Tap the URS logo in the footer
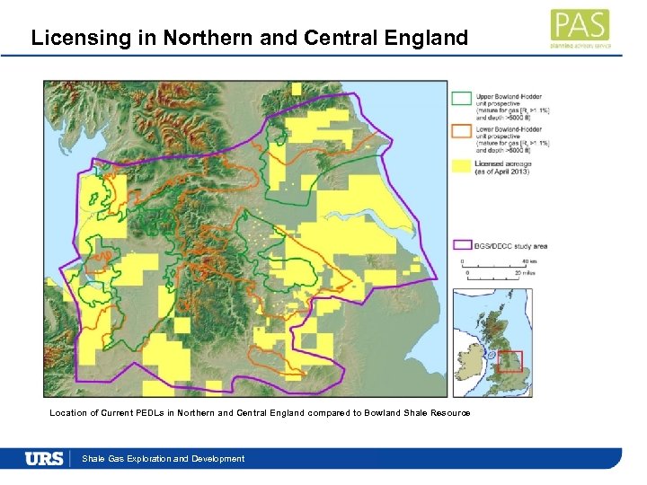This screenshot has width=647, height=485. [44, 458]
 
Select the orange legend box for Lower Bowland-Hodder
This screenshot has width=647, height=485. [462, 131]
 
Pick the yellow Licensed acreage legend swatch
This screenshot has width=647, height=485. [462, 165]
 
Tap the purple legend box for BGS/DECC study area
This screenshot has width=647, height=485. [462, 245]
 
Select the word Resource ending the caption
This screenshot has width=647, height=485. [450, 412]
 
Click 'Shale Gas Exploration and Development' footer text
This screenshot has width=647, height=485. [163, 459]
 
